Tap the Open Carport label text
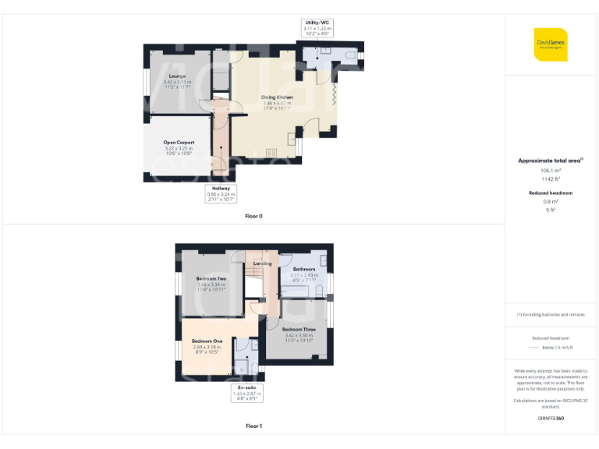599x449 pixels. [179, 142]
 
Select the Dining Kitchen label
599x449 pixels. [277, 97]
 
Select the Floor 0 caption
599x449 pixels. [253, 216]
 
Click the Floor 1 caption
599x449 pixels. [253, 426]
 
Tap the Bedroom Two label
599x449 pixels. [211, 278]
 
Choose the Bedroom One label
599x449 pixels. [207, 341]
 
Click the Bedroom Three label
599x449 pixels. [298, 330]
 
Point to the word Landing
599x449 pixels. [263, 263]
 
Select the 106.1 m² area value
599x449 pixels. [551, 170]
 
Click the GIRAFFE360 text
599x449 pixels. [551, 419]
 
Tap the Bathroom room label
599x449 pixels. [304, 270]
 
